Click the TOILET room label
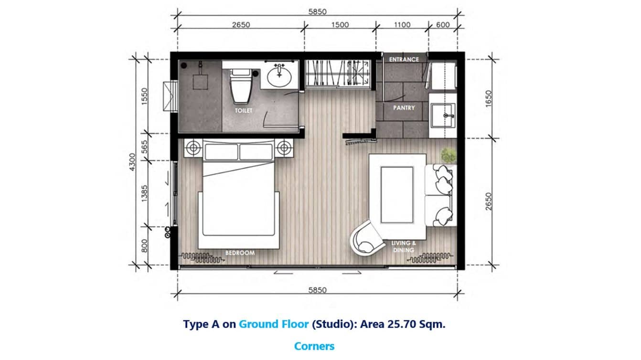[244, 110]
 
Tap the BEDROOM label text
[240, 253]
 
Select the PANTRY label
[404, 108]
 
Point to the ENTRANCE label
[404, 59]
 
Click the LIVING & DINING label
[404, 246]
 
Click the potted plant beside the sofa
[448, 155]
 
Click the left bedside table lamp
[192, 148]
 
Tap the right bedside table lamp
[284, 148]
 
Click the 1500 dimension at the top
[340, 25]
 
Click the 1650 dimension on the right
[488, 99]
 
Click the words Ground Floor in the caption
[274, 324]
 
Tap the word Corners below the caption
[314, 346]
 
